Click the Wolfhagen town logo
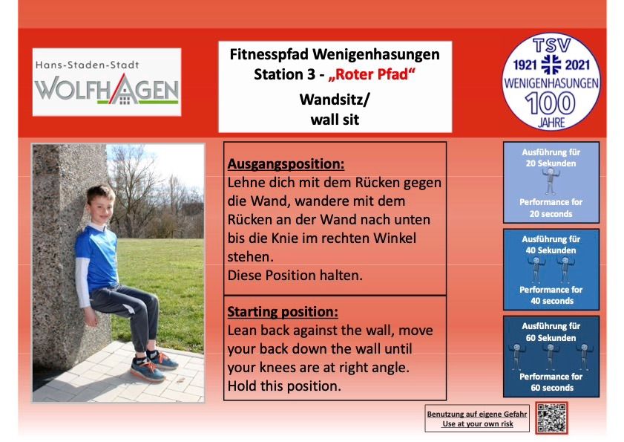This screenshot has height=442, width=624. (107, 82)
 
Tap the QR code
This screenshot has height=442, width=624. (551, 417)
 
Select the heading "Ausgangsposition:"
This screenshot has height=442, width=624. (286, 164)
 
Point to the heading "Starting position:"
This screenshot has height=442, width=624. (283, 312)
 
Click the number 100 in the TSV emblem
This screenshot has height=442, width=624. (551, 103)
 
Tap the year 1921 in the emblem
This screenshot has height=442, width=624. (525, 65)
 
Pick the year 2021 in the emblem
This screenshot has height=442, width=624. (577, 65)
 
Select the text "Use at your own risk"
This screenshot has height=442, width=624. (478, 424)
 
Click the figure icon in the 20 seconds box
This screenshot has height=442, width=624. (551, 181)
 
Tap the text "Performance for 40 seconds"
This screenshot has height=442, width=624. (551, 296)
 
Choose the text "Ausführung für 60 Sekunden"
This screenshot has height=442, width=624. (551, 332)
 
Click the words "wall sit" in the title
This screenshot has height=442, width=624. (335, 120)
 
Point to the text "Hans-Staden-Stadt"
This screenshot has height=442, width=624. (87, 65)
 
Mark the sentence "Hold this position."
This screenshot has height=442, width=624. (284, 386)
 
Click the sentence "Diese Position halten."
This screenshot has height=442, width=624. (295, 276)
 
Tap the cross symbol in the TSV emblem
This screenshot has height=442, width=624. (551, 65)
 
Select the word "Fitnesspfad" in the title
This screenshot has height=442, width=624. (269, 55)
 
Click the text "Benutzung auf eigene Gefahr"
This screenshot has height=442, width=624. (477, 414)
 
